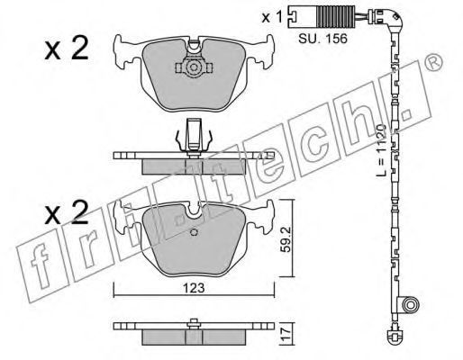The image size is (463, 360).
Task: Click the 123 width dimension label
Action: pos(195,288)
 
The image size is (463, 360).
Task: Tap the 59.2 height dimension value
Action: pos(286,239)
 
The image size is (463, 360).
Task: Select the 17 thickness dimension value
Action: pos(286,334)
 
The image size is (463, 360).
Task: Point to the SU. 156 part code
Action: pos(322,39)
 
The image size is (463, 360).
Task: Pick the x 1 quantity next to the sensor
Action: pos(272,17)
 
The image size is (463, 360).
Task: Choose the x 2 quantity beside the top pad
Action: pos(67,48)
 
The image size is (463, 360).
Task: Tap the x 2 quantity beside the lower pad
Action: pos(67,212)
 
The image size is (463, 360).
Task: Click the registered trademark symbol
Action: pos(434,63)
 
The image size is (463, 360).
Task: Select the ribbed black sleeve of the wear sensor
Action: pos(331,17)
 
